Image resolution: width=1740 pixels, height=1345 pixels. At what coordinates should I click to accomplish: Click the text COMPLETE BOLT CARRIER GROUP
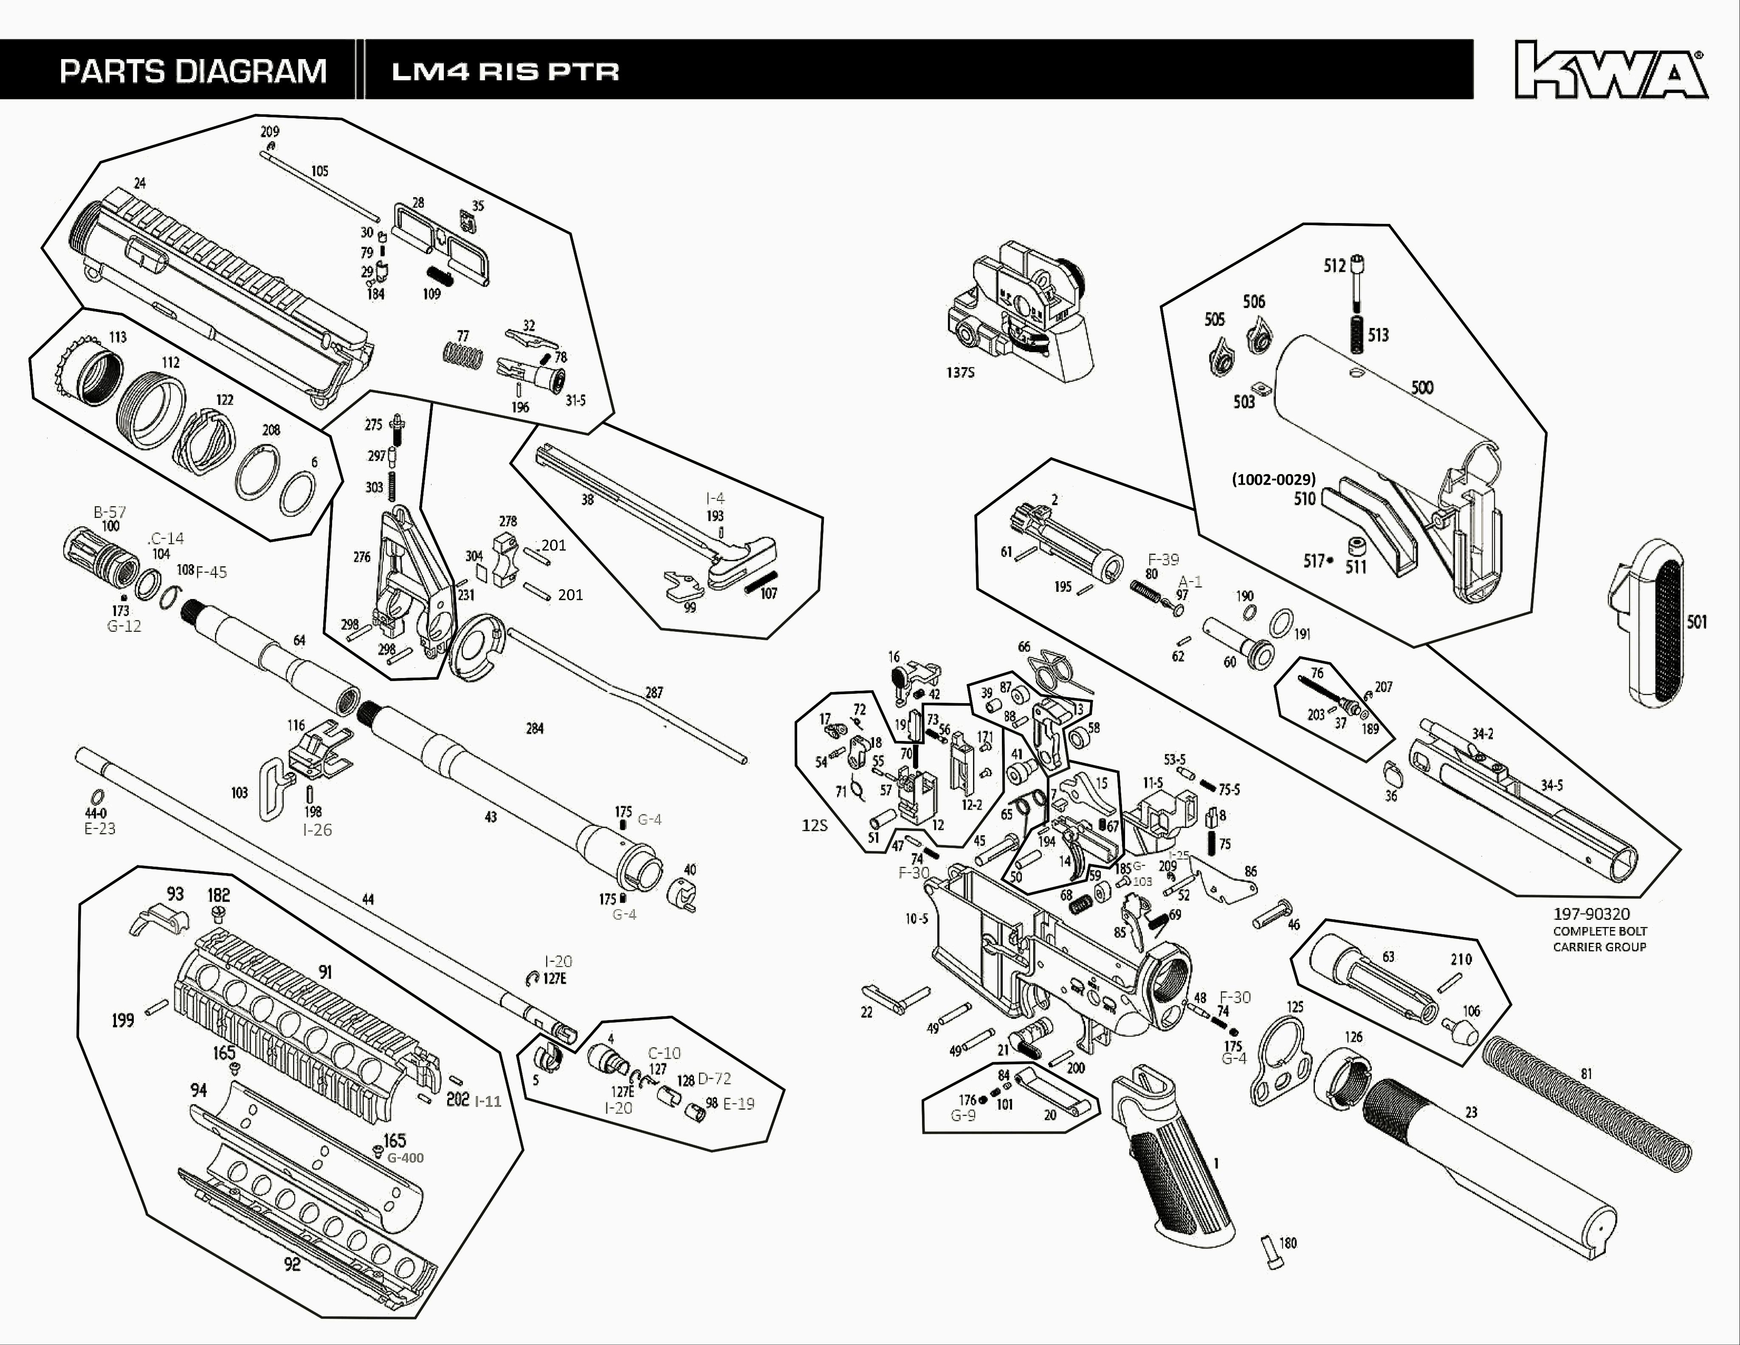[x=1599, y=938]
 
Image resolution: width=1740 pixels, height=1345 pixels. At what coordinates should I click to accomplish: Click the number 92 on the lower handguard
[x=292, y=1264]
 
